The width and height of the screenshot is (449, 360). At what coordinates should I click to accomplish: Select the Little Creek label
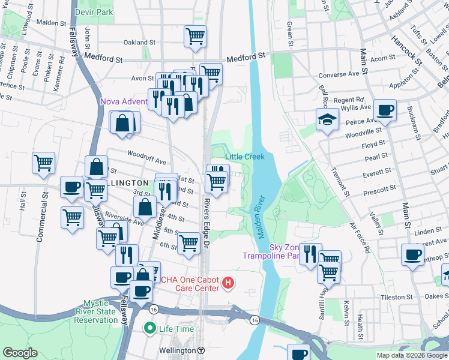244,157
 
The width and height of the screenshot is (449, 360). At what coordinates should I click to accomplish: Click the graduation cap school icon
328,119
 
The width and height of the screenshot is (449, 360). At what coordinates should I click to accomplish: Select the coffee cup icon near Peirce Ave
384,110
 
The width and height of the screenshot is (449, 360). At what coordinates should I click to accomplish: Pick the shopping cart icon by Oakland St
196,36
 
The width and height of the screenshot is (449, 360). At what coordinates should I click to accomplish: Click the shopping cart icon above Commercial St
44,163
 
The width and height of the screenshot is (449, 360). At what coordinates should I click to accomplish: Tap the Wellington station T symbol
202,350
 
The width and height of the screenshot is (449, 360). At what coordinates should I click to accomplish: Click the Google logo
20,353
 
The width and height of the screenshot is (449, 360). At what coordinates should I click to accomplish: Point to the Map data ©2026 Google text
411,355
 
